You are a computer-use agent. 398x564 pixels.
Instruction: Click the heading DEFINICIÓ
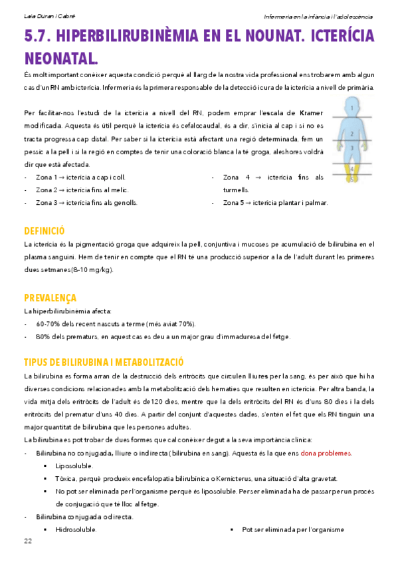pos(44,231)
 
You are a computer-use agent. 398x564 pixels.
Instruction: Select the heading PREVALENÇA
pos(50,297)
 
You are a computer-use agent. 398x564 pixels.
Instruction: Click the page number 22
pos(28,541)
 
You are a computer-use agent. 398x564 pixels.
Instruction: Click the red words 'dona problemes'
pos(326,453)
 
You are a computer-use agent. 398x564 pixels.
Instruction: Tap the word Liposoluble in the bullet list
pos(74,466)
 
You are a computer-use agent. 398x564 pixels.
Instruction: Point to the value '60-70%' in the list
pos(49,324)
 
